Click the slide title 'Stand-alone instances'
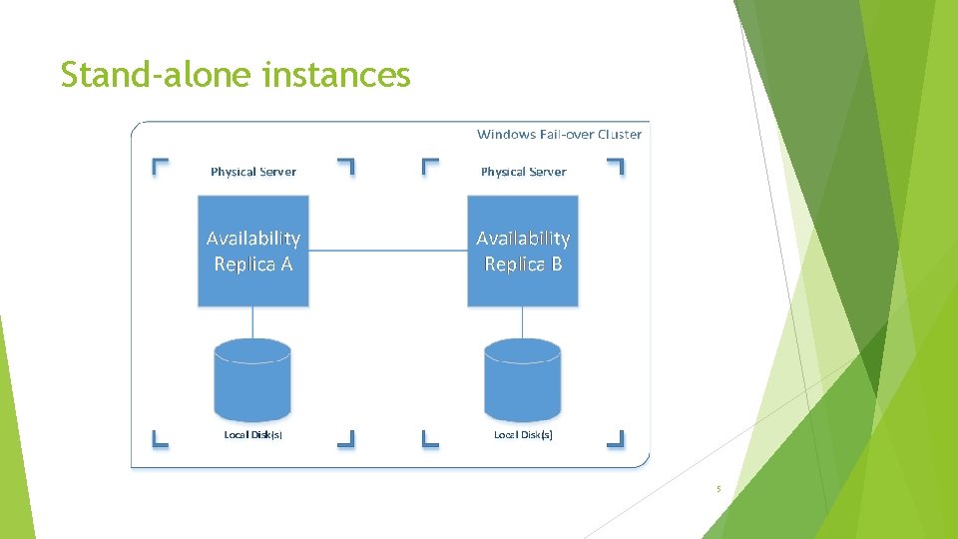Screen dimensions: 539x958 (x=235, y=74)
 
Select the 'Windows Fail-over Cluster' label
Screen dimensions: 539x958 (x=559, y=134)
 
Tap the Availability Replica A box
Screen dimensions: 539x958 (x=253, y=251)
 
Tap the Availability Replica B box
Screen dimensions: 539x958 (x=523, y=251)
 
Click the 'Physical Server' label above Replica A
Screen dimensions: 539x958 (x=253, y=172)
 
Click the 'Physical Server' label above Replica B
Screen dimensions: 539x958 (x=523, y=172)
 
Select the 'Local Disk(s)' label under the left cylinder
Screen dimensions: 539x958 (x=253, y=434)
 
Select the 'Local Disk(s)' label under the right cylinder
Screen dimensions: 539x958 (x=523, y=434)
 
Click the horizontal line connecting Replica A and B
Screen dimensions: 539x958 (x=388, y=251)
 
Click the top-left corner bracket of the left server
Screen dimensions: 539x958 (x=160, y=166)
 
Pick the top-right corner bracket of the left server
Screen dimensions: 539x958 (x=346, y=166)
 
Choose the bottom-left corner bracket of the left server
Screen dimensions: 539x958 (x=160, y=437)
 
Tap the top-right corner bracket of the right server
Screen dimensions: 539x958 (x=616, y=166)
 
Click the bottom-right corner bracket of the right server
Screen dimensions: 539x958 (x=616, y=437)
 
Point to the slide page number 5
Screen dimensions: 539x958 (x=718, y=489)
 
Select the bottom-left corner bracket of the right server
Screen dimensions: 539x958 (x=430, y=437)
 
